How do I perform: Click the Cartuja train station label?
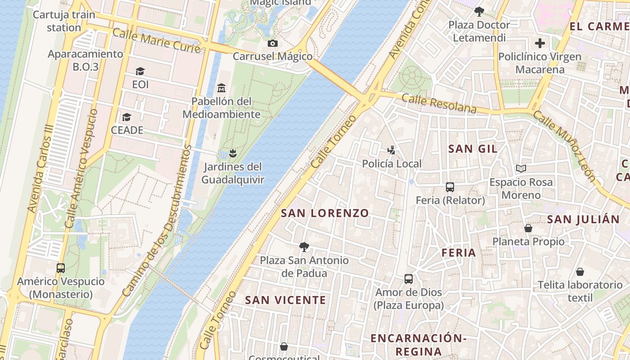click(64, 21)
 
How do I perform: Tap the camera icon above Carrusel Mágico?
click(272, 44)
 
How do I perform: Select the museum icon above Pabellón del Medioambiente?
click(221, 88)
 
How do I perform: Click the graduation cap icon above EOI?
click(140, 72)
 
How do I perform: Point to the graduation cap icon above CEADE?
click(127, 117)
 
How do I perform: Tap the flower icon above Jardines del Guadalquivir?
click(232, 154)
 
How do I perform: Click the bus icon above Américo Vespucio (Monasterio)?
click(61, 268)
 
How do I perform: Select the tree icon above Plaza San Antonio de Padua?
click(304, 247)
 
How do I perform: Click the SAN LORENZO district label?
click(325, 213)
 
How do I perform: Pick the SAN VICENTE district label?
click(285, 300)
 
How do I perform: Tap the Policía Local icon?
click(392, 150)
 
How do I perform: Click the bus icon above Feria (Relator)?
click(450, 187)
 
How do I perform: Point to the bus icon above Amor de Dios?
click(409, 279)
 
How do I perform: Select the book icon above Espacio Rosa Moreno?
click(521, 169)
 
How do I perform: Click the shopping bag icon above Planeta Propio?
click(528, 229)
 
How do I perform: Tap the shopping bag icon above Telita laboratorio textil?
click(580, 272)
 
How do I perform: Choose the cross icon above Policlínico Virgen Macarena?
click(540, 44)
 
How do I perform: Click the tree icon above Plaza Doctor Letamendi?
click(479, 12)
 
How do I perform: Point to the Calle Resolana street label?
click(439, 103)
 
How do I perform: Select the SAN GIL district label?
click(473, 149)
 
